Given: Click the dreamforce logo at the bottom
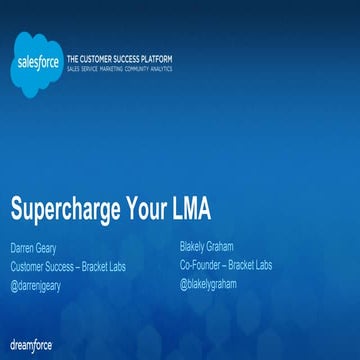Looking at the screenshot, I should (31, 345).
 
